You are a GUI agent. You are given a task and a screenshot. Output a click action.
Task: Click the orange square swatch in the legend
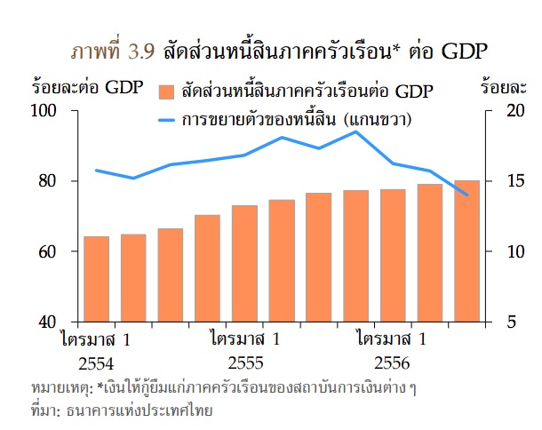[166, 92]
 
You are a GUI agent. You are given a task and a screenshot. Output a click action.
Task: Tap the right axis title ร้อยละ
[506, 88]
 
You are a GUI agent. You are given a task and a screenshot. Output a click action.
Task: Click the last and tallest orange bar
[466, 251]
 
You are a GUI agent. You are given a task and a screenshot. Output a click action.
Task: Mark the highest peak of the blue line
[355, 131]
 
